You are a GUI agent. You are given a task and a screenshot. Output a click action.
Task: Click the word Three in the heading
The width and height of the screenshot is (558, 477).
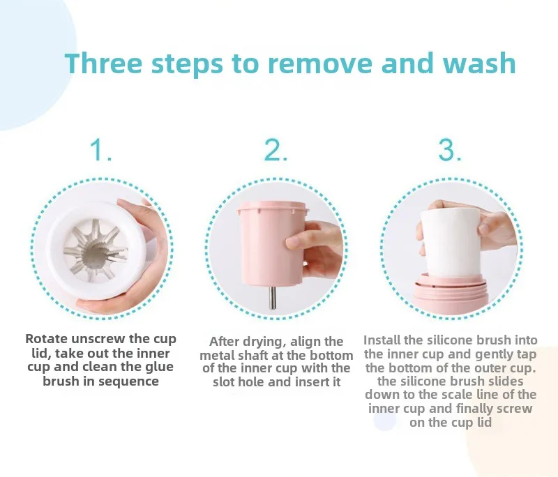point(103,63)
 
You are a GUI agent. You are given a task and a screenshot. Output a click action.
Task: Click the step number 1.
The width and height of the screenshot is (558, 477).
point(100,150)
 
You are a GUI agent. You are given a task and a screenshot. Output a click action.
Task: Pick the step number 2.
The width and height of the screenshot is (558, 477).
point(276,150)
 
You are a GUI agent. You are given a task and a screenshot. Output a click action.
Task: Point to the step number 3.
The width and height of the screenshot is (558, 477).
point(449,150)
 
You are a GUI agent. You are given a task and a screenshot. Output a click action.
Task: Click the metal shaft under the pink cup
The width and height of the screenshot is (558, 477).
point(273,297)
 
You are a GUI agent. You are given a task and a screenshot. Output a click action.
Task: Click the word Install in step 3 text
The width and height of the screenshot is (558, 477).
point(382,340)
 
